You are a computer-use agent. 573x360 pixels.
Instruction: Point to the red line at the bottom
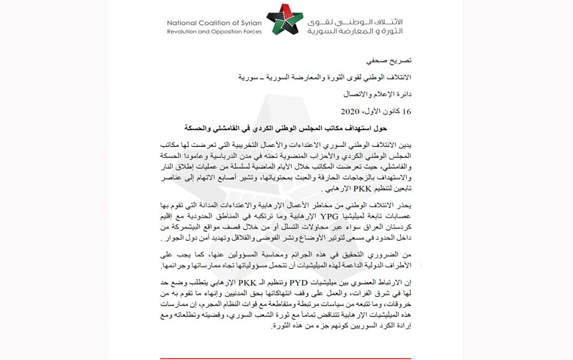pos(286,358)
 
